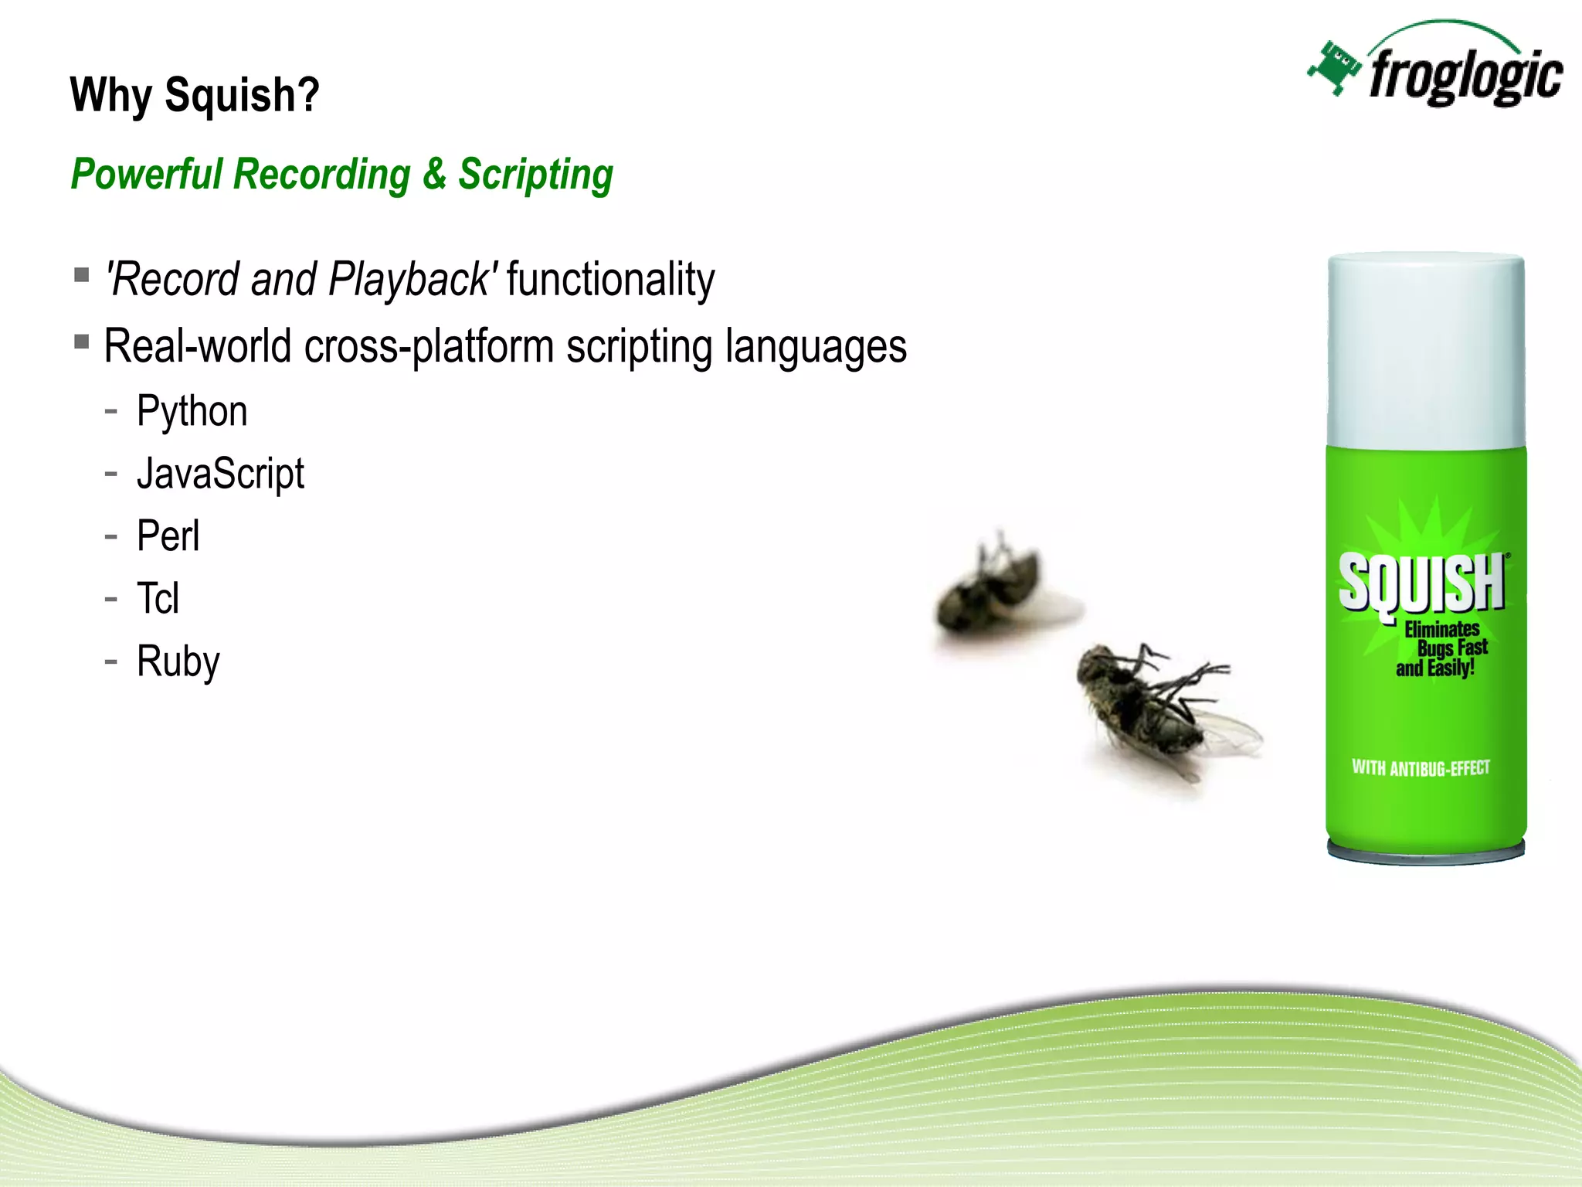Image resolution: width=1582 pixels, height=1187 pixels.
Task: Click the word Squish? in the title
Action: (x=242, y=96)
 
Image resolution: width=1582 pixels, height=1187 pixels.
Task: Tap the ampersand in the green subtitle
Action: (x=434, y=173)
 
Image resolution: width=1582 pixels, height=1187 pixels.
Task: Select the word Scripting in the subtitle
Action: (x=536, y=175)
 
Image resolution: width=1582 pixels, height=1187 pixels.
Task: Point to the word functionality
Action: (x=610, y=279)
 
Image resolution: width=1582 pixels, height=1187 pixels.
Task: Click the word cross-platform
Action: (x=429, y=346)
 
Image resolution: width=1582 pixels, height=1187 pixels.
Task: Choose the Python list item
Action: (x=192, y=411)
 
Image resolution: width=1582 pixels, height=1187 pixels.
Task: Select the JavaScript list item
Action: (x=220, y=474)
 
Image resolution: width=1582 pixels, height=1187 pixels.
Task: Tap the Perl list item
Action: (x=168, y=536)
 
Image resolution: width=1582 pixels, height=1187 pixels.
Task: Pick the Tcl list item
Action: (x=158, y=599)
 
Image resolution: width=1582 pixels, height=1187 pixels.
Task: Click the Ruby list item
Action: (x=178, y=662)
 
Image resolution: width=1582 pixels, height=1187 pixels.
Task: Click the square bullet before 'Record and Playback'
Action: (x=82, y=275)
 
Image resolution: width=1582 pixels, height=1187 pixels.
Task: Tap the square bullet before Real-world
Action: (x=82, y=342)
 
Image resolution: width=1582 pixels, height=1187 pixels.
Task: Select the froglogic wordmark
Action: (x=1465, y=77)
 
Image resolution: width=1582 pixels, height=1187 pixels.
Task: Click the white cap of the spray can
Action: (x=1426, y=352)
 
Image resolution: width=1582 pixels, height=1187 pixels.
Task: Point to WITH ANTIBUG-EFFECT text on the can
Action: (x=1421, y=767)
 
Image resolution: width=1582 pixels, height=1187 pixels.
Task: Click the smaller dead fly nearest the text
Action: (x=996, y=587)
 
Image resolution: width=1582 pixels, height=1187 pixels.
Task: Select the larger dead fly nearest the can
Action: (x=1159, y=707)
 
